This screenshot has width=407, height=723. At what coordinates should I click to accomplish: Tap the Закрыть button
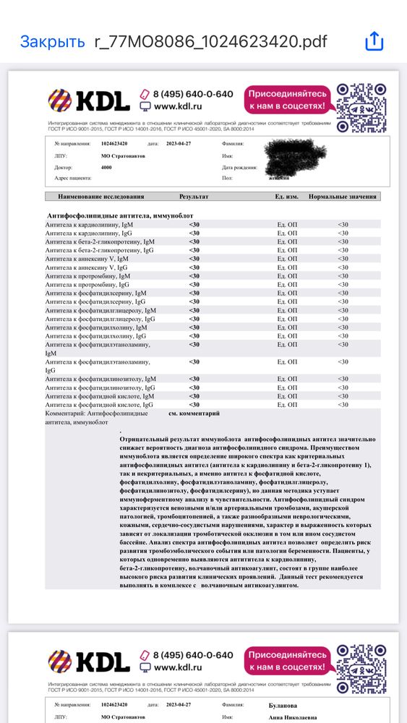pyautogui.click(x=52, y=42)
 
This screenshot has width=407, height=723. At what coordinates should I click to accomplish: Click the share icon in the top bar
pyautogui.click(x=374, y=42)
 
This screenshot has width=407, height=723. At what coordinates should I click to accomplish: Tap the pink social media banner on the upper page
pyautogui.click(x=288, y=100)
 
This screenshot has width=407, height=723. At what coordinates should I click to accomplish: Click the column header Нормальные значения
pyautogui.click(x=343, y=197)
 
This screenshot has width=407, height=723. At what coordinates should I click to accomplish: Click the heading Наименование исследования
pyautogui.click(x=96, y=197)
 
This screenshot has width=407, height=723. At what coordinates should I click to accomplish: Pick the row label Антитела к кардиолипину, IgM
pyautogui.click(x=89, y=225)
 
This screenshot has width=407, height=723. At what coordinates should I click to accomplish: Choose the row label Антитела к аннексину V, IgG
pyautogui.click(x=87, y=267)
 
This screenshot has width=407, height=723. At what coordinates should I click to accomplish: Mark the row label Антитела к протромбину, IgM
pyautogui.click(x=87, y=275)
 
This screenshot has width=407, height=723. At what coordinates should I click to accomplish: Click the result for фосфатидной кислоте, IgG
pyautogui.click(x=194, y=405)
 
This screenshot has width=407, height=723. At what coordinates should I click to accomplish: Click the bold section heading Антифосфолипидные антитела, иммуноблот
pyautogui.click(x=120, y=215)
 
